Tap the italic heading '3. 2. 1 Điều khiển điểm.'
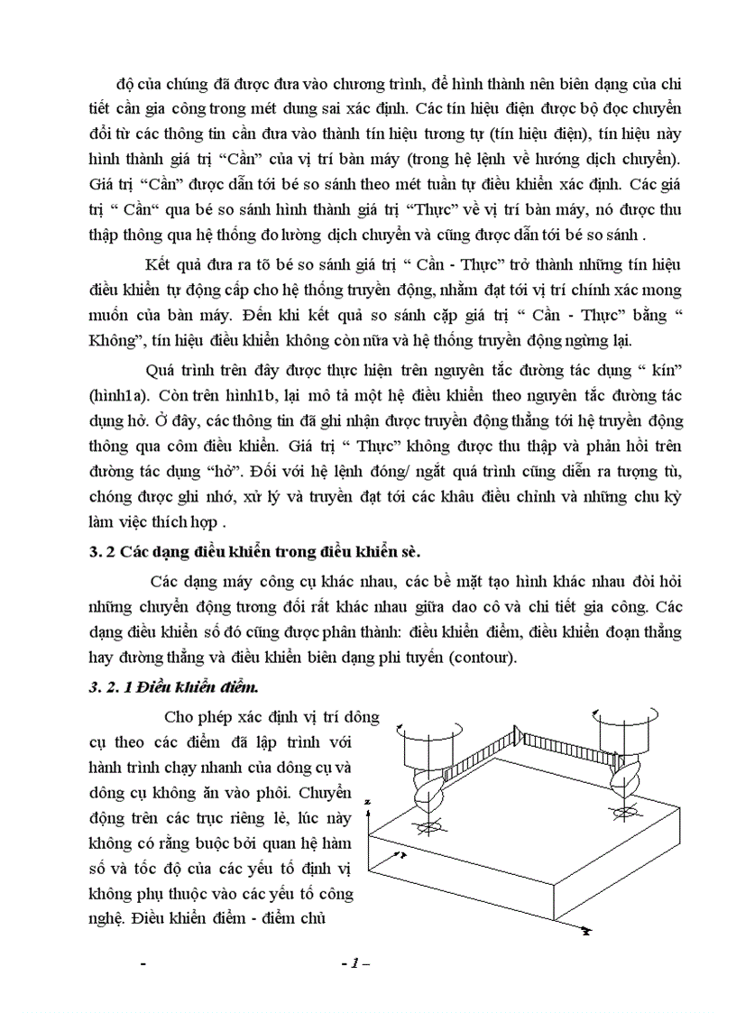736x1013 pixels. click(x=175, y=686)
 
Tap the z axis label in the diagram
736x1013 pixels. click(x=370, y=800)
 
